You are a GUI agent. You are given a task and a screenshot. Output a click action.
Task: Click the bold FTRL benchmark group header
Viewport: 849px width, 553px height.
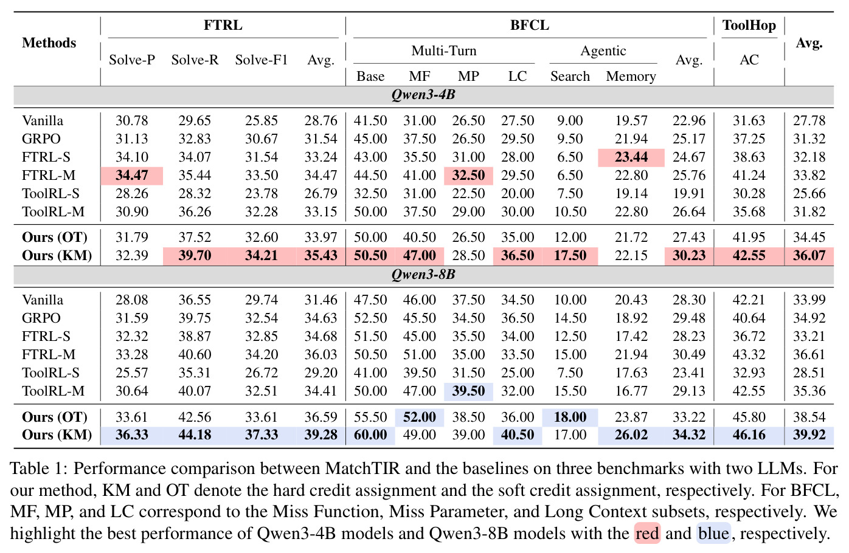[x=223, y=25]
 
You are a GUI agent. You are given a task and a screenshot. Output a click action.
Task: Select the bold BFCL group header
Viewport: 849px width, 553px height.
[x=530, y=25]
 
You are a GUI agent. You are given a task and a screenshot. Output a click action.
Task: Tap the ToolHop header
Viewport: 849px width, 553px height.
[x=749, y=26]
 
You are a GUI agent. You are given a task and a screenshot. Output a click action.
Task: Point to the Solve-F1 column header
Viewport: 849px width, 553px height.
[x=261, y=60]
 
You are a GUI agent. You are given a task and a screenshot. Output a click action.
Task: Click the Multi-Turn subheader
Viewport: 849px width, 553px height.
[x=444, y=50]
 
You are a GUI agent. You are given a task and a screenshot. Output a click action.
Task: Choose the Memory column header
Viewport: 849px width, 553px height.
[x=631, y=76]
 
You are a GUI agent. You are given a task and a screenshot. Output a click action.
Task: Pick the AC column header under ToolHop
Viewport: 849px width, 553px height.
[x=749, y=60]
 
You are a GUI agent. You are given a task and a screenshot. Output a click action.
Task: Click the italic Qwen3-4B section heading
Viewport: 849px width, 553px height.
[x=423, y=94]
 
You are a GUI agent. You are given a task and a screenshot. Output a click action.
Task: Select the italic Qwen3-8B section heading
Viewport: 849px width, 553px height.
[x=423, y=274]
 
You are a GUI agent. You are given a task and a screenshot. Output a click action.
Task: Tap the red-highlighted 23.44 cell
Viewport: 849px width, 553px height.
[x=631, y=157]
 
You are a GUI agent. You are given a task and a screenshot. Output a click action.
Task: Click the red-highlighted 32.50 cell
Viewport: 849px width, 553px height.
[x=468, y=176]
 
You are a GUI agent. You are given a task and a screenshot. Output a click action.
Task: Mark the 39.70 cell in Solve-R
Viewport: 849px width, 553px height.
[x=195, y=256]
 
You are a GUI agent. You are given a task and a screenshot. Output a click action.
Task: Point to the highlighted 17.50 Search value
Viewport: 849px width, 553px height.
[x=570, y=256]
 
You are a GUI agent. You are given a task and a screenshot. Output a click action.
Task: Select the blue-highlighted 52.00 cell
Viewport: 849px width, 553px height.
[x=420, y=417]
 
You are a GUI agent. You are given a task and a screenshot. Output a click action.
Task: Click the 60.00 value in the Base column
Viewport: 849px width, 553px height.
[x=370, y=435]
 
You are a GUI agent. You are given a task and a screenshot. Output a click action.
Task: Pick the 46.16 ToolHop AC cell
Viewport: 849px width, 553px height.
[x=749, y=435]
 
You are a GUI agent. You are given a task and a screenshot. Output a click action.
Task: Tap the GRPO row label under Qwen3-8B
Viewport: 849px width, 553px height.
[x=41, y=318]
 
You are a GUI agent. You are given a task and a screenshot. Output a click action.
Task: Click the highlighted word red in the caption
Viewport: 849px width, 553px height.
[x=647, y=534]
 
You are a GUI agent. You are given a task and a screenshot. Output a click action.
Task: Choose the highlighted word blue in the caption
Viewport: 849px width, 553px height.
[x=713, y=534]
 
